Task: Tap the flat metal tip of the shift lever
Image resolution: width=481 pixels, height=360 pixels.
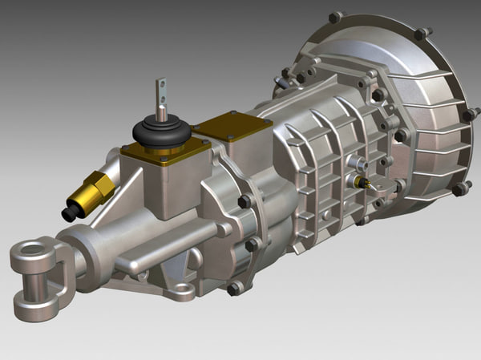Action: tap(161, 90)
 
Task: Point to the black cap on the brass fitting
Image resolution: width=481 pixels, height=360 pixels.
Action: tap(71, 213)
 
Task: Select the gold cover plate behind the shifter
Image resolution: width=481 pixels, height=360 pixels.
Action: tap(232, 125)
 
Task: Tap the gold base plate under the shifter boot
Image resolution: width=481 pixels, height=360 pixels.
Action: tap(164, 152)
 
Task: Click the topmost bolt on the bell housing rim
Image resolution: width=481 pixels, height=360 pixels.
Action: tap(336, 17)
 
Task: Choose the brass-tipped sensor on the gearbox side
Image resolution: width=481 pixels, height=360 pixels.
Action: tap(366, 183)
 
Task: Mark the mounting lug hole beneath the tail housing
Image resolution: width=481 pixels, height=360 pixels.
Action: tap(184, 289)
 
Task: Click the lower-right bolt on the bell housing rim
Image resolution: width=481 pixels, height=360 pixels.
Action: tap(461, 189)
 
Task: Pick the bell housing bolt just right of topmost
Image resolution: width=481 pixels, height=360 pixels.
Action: tap(421, 34)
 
